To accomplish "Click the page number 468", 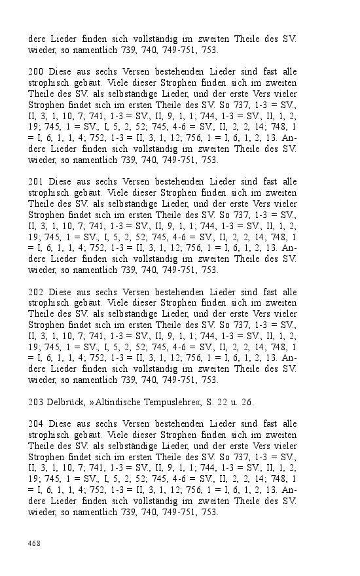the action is pos(34,543).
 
